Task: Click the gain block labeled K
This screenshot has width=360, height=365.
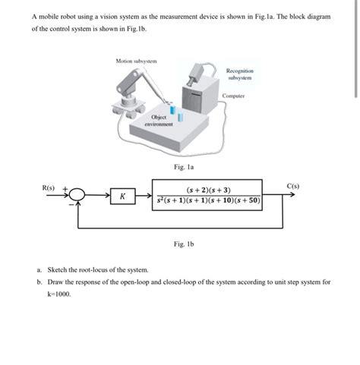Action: (123, 196)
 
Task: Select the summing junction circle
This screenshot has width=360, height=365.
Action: (77, 195)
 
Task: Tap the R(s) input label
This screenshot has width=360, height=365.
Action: (49, 188)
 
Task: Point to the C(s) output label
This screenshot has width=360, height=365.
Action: (293, 186)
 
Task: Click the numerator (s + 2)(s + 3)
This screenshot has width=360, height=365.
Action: (208, 190)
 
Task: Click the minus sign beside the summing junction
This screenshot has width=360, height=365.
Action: (71, 204)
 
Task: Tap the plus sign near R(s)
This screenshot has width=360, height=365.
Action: (65, 189)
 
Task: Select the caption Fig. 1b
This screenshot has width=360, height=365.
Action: (184, 244)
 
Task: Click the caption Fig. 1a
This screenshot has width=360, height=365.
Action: (184, 167)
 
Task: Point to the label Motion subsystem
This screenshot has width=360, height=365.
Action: (136, 61)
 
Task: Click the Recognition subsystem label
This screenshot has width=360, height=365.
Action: (240, 74)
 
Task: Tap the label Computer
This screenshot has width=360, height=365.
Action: (233, 96)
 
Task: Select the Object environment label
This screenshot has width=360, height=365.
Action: (159, 121)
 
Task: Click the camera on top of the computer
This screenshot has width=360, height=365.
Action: (195, 74)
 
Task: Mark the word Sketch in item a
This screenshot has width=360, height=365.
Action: (56, 270)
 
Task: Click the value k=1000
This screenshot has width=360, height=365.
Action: (59, 294)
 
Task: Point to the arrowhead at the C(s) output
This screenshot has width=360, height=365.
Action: (292, 194)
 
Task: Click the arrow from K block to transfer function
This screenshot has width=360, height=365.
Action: (144, 195)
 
